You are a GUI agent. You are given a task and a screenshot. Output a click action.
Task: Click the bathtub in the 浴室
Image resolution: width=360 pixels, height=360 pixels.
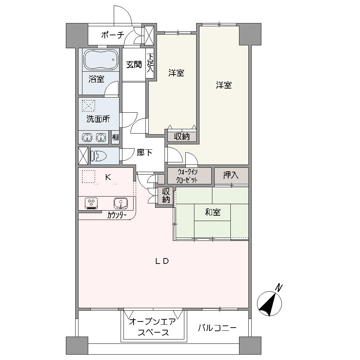pos(101,59)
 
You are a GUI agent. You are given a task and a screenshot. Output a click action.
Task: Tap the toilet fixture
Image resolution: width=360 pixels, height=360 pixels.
pos(99,156)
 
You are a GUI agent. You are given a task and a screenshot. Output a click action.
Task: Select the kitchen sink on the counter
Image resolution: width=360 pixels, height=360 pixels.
pos(121,203)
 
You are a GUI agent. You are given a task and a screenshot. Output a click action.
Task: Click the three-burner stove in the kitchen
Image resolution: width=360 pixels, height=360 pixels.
pos(91,203)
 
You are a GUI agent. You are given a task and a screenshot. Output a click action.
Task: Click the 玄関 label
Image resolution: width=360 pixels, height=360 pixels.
pos(134,64)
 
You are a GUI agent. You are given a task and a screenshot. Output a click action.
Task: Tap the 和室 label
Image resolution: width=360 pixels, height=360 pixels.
pos(213,212)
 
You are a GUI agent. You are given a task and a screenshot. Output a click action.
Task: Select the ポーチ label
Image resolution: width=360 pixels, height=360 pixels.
pos(113,35)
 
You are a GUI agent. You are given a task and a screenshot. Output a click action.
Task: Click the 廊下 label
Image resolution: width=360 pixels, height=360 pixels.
pos(144,152)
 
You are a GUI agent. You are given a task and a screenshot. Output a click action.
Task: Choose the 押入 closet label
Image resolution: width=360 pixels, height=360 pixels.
pos(231,175)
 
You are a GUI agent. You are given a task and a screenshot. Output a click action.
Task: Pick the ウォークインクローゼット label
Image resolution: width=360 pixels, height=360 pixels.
pos(187,176)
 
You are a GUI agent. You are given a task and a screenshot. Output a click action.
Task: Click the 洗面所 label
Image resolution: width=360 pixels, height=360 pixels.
pos(98,119)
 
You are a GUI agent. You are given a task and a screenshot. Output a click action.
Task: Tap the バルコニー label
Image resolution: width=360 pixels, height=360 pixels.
pos(217,328)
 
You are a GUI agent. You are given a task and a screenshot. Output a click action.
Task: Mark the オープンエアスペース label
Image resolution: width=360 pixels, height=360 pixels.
pos(153,327)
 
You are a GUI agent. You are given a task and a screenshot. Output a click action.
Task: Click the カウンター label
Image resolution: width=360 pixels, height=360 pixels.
pos(117,215)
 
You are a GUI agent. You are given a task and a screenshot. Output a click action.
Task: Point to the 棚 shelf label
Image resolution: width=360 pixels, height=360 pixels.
pos(115,137)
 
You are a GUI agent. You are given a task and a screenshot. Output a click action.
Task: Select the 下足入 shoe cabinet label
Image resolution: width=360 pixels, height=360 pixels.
pos(150,63)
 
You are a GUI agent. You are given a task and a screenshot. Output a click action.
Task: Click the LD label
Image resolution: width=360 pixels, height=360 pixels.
pos(162,261)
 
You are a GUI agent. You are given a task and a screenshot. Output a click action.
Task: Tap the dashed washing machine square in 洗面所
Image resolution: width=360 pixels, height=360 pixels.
pos(89,105)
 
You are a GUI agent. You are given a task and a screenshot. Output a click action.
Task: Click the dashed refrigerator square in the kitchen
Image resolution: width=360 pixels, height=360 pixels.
pos(89,176)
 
